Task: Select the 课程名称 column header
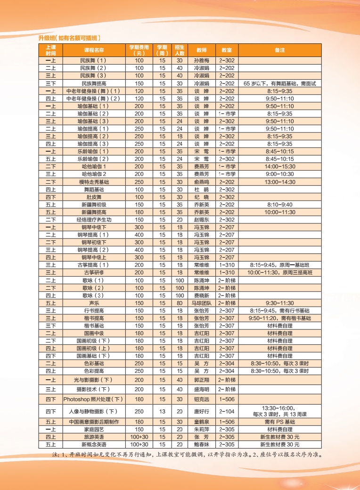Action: [94, 50]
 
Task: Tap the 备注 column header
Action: [279, 50]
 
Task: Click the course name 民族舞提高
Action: [94, 83]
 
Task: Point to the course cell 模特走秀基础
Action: [94, 182]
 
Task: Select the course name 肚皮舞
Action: [94, 197]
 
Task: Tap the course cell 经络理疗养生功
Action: [94, 220]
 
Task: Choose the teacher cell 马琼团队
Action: [202, 303]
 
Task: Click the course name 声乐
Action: [94, 303]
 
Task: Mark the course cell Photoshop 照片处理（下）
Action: [94, 399]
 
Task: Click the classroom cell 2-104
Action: [226, 411]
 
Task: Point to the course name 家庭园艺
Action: [94, 430]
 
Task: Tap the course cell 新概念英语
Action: [94, 444]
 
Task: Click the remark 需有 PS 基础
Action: [279, 422]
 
